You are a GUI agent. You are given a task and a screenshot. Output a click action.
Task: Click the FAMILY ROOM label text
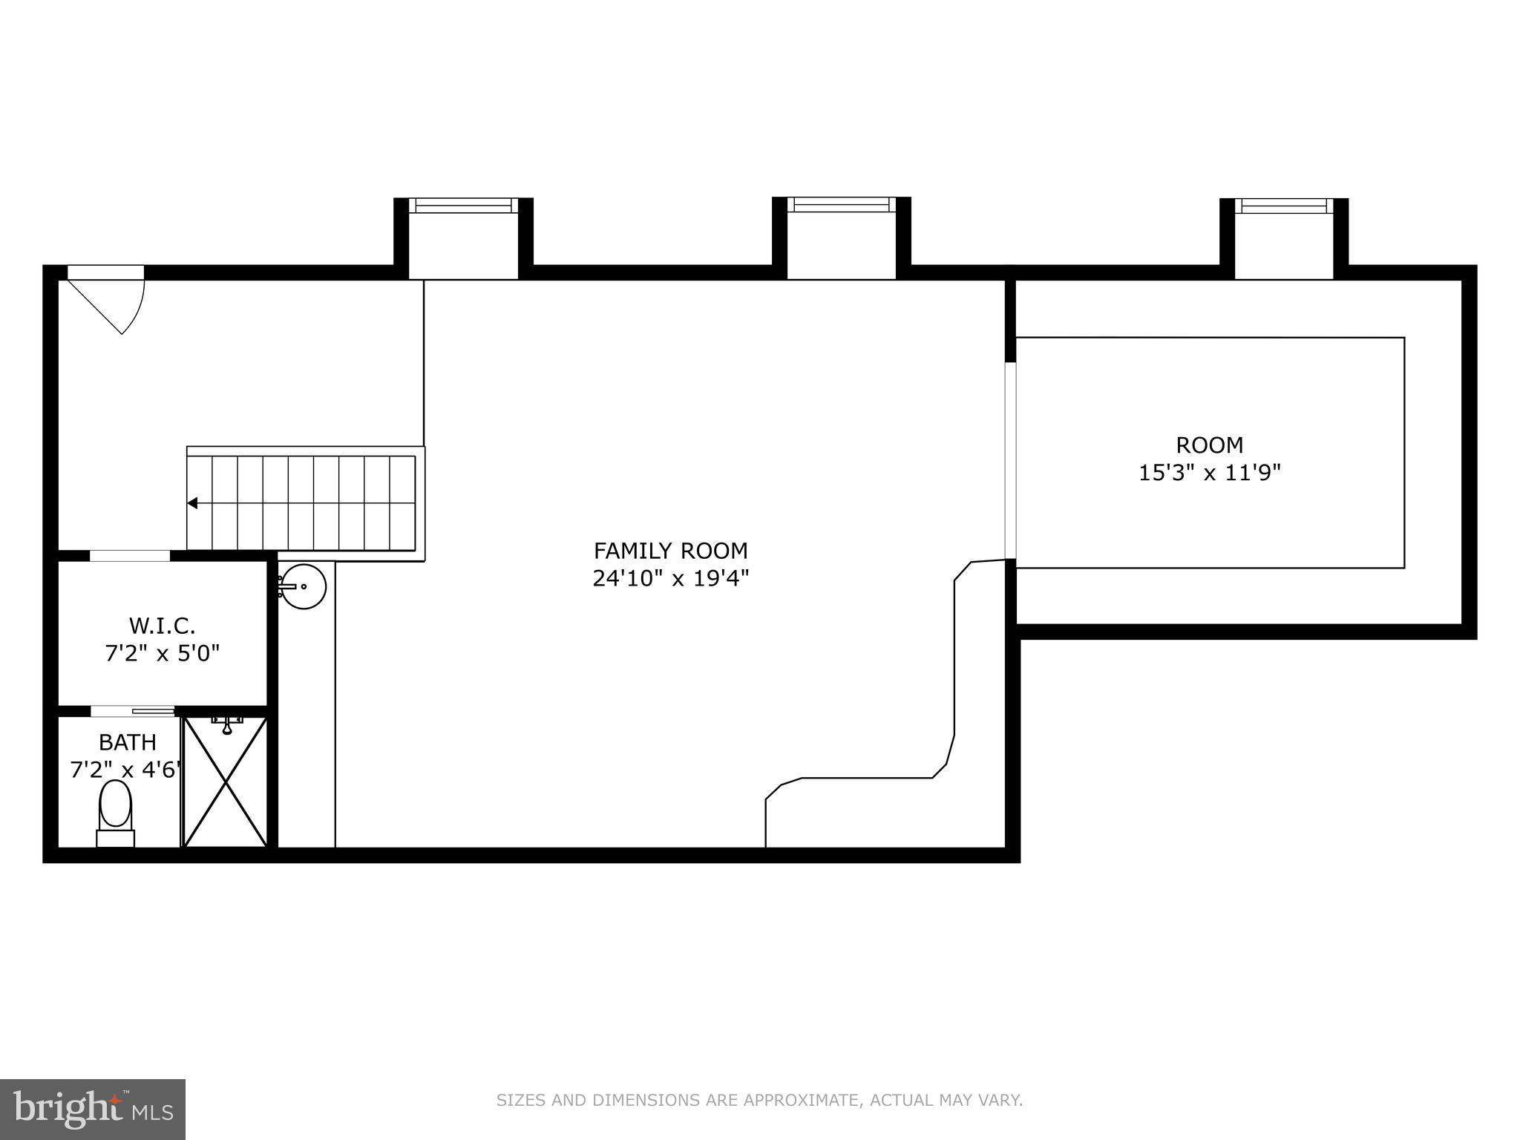670,551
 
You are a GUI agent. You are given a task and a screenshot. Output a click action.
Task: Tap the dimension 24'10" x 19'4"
670,578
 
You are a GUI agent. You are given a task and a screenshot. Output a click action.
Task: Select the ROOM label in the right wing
1209,445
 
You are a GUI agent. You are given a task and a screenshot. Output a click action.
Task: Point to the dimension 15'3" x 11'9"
1209,473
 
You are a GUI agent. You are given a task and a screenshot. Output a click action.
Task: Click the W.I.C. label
162,626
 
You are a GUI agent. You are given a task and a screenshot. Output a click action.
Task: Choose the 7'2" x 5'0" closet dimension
162,654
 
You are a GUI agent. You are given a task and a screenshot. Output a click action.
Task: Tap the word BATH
128,742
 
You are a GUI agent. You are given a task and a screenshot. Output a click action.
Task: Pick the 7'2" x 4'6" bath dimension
125,770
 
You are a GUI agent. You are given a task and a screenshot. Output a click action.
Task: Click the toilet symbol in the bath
115,813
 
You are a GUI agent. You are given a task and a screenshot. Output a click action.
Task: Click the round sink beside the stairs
304,586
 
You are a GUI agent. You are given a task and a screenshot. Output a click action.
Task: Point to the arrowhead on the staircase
192,503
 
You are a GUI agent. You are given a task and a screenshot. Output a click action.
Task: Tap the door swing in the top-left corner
111,301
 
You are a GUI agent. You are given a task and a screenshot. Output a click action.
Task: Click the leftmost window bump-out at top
463,237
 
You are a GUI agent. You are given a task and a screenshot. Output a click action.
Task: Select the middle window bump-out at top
841,237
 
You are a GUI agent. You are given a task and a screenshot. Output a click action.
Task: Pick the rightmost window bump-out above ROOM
1283,237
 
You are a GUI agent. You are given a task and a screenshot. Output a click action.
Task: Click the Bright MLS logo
92,1110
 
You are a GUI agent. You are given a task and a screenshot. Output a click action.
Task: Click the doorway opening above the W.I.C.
130,556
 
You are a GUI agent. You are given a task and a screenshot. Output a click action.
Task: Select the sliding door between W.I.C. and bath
132,711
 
